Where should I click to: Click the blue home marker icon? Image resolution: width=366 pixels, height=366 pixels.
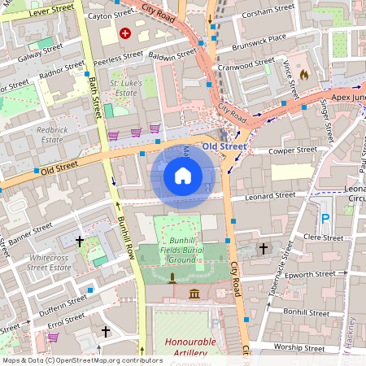pos(183,176)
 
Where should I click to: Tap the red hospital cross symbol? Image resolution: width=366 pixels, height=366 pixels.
pos(125,33)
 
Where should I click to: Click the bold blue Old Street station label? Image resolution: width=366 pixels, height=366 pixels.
pos(224,146)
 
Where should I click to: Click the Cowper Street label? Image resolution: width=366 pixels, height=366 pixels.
pos(294,150)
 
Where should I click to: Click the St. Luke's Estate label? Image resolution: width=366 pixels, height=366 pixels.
pos(126,88)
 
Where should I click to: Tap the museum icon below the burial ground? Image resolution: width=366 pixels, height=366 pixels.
pos(194,293)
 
